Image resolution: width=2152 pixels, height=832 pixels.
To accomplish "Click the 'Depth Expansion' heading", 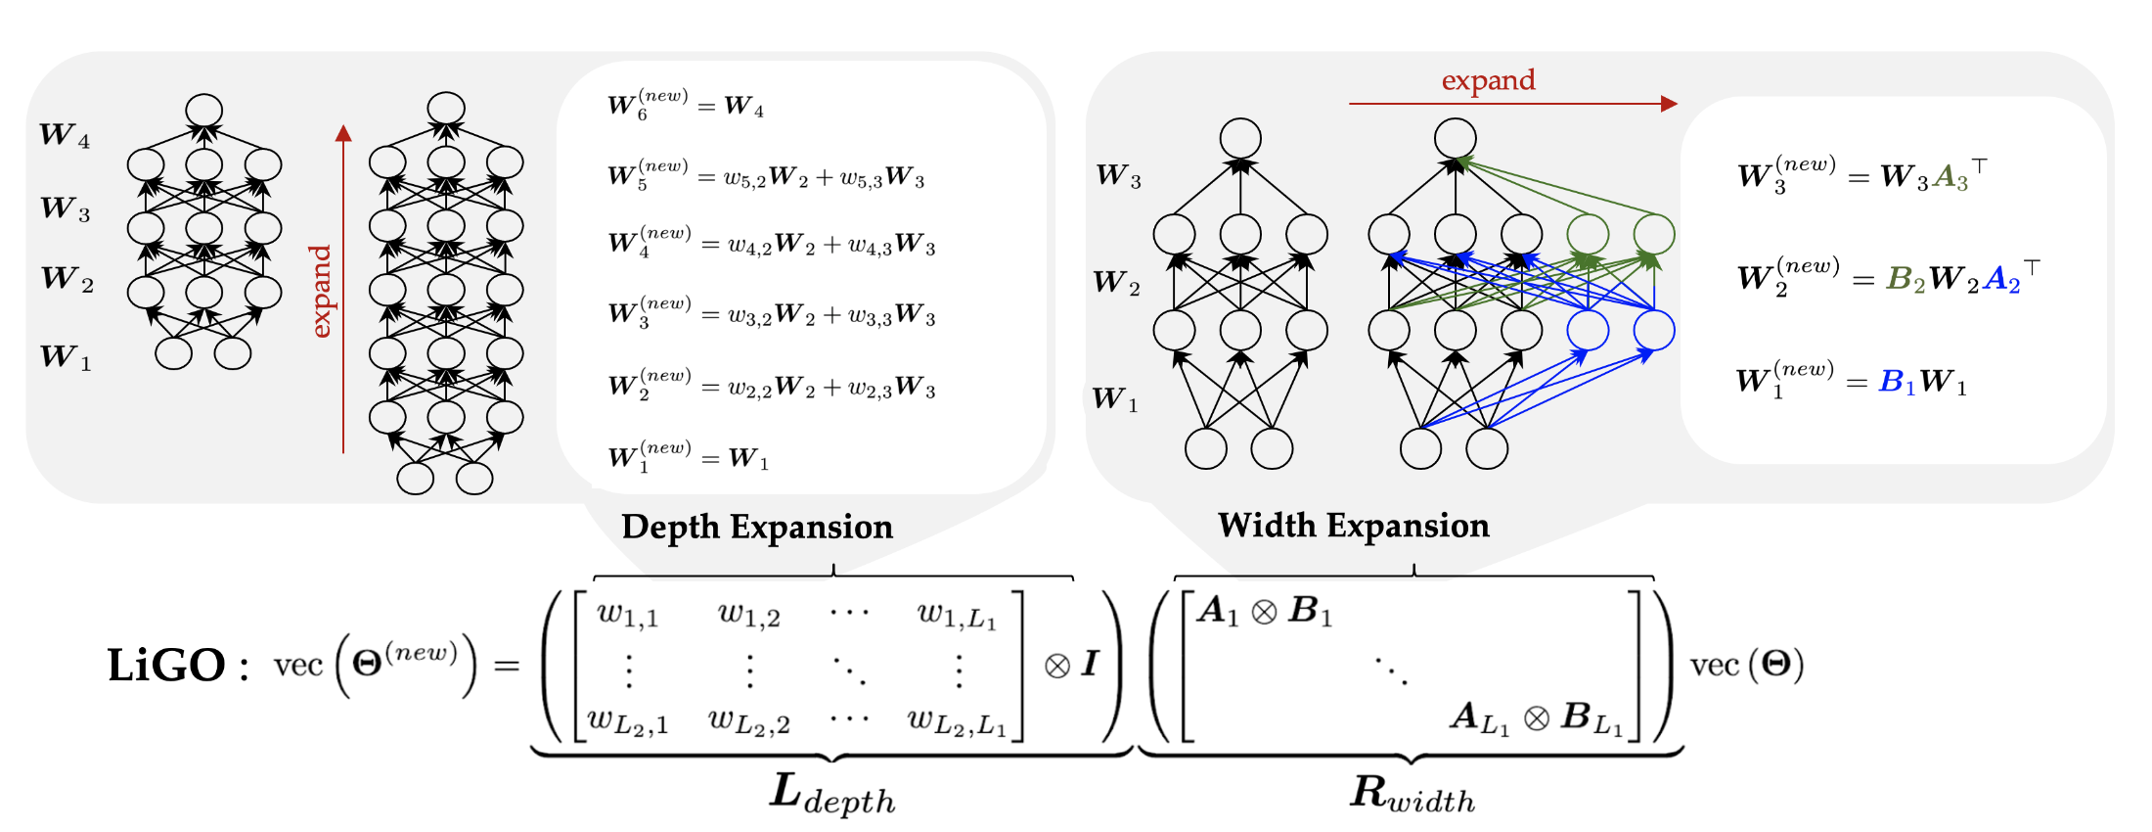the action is [757, 528].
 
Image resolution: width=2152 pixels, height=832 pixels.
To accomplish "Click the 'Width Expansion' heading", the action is [1354, 527].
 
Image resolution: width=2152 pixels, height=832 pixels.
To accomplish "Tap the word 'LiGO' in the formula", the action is [166, 666].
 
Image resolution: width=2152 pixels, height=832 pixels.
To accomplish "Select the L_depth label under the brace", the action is [832, 794].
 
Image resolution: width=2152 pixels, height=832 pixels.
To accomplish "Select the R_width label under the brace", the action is [1412, 793].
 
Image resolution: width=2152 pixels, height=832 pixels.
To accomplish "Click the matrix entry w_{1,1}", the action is [628, 614].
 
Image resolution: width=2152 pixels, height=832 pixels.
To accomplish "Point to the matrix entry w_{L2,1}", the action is [628, 721].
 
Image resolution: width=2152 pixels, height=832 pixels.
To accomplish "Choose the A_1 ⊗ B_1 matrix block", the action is [1264, 611].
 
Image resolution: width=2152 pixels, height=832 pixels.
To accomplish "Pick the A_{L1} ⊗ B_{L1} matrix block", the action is [1536, 717].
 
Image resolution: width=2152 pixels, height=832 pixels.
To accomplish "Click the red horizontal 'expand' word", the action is [1488, 80].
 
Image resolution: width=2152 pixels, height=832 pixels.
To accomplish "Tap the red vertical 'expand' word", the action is [321, 292].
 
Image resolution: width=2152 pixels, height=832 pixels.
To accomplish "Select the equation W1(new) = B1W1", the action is [1852, 380].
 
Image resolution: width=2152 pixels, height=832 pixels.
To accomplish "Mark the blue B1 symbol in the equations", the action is [1898, 382].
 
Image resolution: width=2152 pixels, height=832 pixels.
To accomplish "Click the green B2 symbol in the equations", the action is [1905, 280].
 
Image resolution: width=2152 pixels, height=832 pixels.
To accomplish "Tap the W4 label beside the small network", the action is [65, 135].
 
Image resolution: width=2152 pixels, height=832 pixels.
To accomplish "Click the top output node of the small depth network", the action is [204, 111].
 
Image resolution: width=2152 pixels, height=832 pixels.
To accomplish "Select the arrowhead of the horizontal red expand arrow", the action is [1669, 104].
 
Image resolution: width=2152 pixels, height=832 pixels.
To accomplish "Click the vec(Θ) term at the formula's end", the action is [1747, 666].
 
